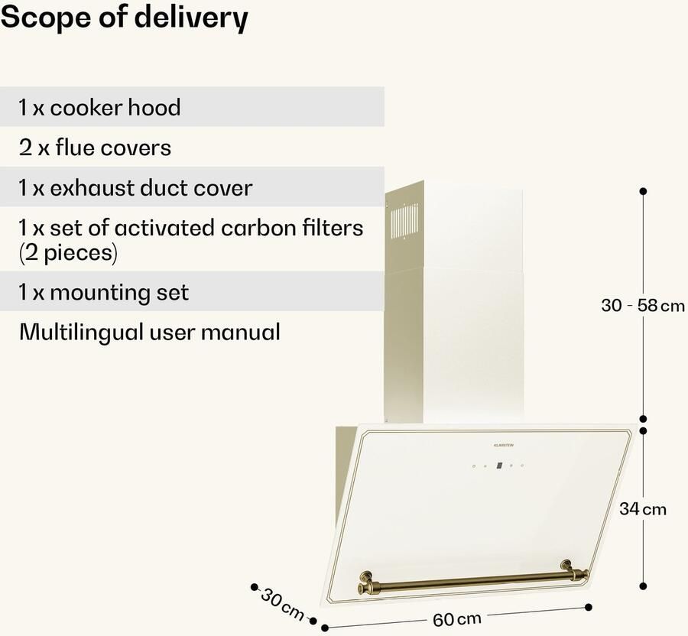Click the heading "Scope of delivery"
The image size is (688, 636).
[x=124, y=18]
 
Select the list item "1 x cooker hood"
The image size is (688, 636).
[x=100, y=107]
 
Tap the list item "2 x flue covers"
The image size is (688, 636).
[x=95, y=147]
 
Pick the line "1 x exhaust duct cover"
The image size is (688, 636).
[x=135, y=187]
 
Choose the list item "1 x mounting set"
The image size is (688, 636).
[x=104, y=292]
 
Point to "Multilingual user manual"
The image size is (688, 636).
[x=150, y=332]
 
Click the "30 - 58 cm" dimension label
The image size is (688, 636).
[x=642, y=306]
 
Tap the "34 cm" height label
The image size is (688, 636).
[x=642, y=509]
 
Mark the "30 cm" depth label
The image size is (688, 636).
[x=282, y=602]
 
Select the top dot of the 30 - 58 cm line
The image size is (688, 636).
[x=643, y=190]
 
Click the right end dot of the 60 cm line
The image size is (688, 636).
[x=588, y=607]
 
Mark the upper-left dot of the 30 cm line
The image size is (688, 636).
[x=254, y=587]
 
